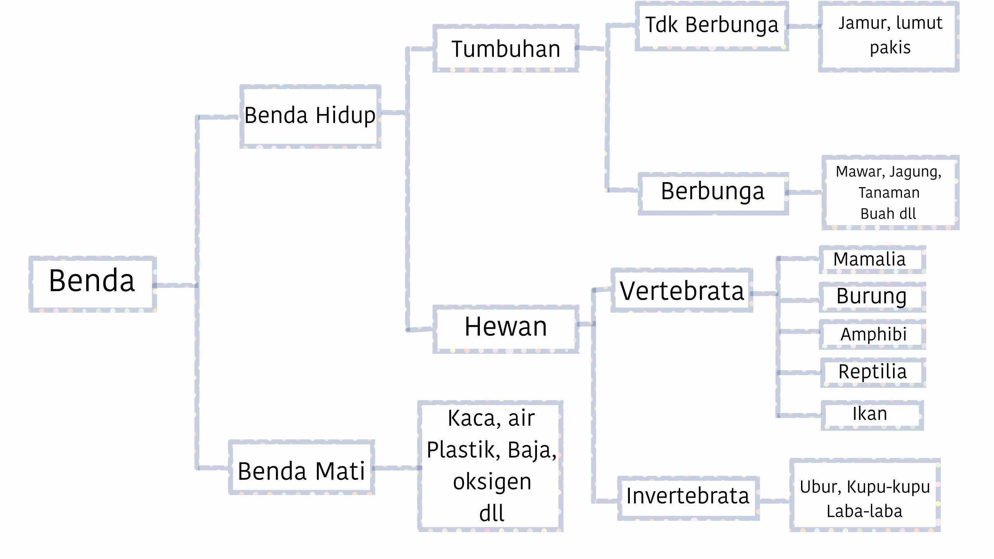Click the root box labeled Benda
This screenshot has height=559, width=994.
coord(92,284)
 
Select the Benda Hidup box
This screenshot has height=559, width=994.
coord(310,116)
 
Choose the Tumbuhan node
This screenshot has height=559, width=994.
coord(506,49)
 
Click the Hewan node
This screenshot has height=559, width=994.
coord(506,329)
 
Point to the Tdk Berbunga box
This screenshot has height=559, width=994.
coord(712,26)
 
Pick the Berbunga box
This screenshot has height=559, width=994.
coord(713,193)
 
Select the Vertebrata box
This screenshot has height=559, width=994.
coord(682,290)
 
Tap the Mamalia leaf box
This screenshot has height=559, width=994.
coord(872,259)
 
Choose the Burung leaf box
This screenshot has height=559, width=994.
coord(872,297)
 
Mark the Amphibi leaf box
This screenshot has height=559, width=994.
coord(873,334)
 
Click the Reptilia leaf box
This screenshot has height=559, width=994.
coord(872,372)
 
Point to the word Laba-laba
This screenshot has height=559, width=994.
coord(864,511)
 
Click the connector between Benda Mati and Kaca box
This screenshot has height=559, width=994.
coord(396,468)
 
